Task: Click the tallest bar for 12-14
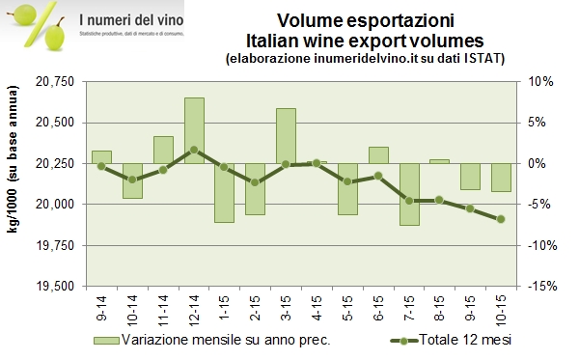(194, 130)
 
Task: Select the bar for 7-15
(410, 194)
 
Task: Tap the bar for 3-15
(287, 135)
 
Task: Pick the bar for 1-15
(225, 193)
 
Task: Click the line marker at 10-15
(501, 219)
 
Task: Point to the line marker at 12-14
(194, 150)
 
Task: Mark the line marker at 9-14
(101, 166)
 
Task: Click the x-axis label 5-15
(349, 309)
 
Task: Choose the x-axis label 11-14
(164, 309)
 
